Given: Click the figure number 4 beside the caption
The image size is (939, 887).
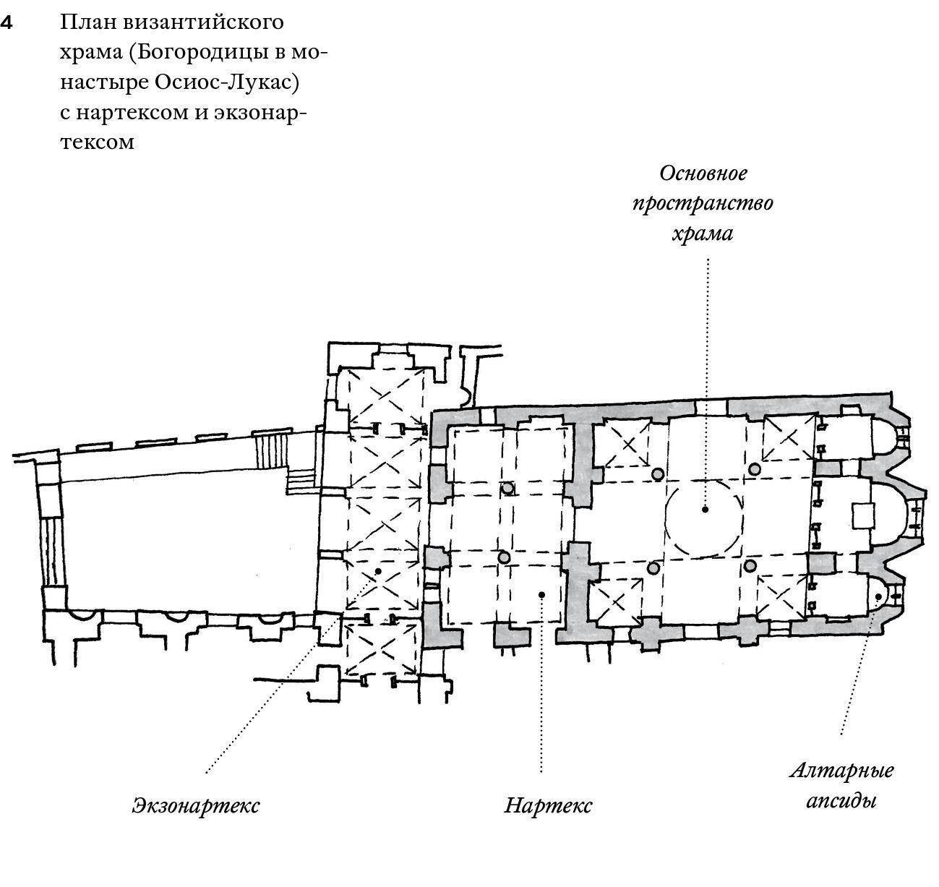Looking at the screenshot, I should coord(7,23).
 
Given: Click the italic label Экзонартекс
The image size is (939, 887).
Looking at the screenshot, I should coord(195,805).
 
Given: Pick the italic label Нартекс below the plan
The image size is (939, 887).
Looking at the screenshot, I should coord(547,805).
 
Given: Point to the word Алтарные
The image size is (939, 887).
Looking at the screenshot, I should coord(841,770).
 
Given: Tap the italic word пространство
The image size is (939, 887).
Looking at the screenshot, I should coord(703,203).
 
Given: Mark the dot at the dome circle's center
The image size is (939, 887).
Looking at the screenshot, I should coord(705,509).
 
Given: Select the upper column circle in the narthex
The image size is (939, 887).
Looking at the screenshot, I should coord(507,488).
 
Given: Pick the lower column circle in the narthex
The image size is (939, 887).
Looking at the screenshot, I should coord(504,557).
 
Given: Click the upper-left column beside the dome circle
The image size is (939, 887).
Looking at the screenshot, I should coord(658,474).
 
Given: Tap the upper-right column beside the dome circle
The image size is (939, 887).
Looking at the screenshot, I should coord(755,469).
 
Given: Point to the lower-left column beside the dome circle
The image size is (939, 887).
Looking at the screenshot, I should coord(653,568).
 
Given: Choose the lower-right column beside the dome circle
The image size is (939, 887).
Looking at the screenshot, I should coord(750,565).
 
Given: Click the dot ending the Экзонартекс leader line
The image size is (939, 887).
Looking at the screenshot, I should coord(377,571).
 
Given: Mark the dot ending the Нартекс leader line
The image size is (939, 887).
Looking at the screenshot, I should coord(541,594).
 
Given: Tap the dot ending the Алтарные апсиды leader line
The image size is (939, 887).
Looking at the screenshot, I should coord(878,596).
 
